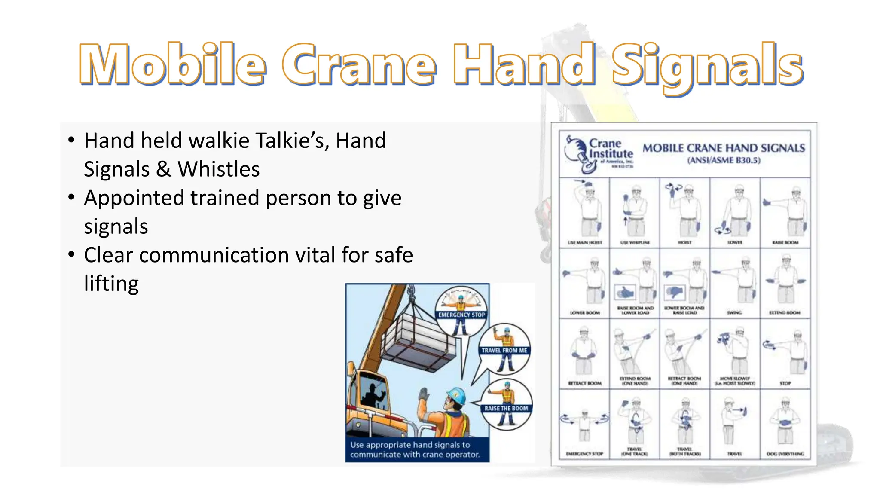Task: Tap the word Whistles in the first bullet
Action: coord(219,169)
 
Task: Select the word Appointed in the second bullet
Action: coord(134,198)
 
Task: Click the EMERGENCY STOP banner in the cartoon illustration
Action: coord(461,315)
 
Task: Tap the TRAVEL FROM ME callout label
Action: coord(504,351)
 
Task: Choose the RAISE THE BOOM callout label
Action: coord(506,408)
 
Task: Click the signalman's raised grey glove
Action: coord(424,394)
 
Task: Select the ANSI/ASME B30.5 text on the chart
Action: coord(724,161)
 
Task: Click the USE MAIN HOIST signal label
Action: coord(584,243)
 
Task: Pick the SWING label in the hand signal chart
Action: coord(734,313)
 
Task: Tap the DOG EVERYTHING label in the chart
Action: coord(785,454)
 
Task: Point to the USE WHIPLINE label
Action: coord(635,243)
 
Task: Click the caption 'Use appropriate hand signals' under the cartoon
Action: coord(414,449)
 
